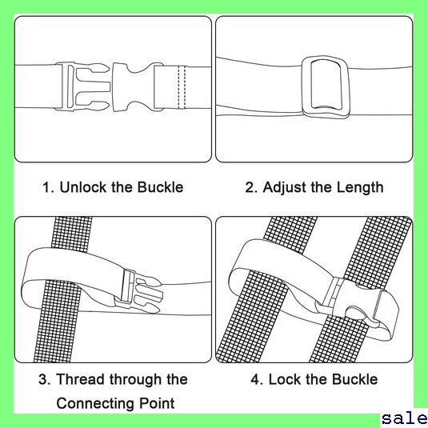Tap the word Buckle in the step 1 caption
[160, 187]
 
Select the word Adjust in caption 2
[284, 188]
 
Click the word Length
[360, 188]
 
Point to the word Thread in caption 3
[82, 379]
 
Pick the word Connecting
[95, 403]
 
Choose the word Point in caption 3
[157, 403]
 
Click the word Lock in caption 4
[285, 379]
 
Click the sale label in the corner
[405, 419]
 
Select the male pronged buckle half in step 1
[82, 87]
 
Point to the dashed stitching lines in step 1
[182, 87]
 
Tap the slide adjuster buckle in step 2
[325, 87]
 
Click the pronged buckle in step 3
[139, 291]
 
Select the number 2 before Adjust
[250, 187]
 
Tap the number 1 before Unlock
[47, 187]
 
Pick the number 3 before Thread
[43, 379]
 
